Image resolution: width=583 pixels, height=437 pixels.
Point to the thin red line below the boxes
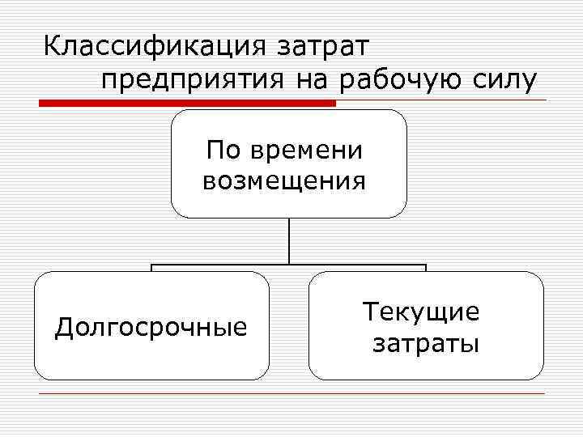[291, 393]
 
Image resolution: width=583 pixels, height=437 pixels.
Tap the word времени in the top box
[308, 150]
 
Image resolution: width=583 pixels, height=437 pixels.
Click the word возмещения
[284, 180]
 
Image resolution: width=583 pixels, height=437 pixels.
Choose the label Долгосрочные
[151, 327]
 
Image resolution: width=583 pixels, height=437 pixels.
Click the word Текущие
[421, 312]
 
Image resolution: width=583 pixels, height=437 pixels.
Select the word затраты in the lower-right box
[425, 343]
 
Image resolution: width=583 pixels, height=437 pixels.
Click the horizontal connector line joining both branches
[289, 265]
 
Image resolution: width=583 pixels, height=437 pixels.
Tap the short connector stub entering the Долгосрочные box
[151, 268]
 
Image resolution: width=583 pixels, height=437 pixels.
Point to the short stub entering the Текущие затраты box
[426, 268]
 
